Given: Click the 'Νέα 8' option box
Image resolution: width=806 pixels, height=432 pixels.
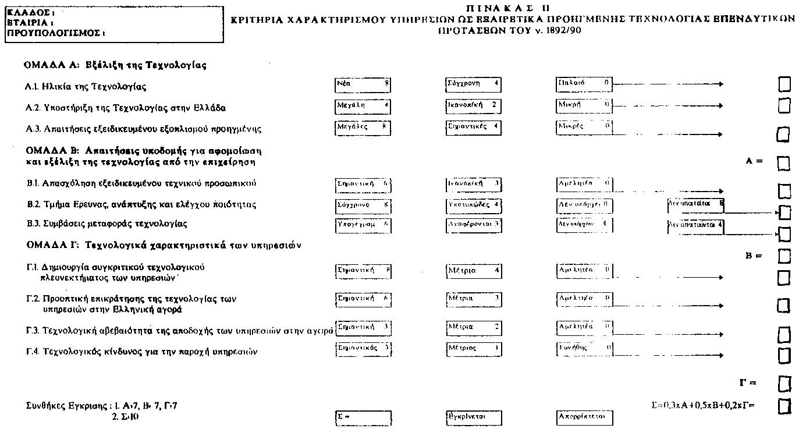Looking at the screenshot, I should click(x=363, y=85).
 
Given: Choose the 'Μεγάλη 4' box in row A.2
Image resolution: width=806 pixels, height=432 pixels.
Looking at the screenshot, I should click(x=363, y=107).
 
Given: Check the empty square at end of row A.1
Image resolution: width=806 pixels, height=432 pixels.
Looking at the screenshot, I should click(x=784, y=85).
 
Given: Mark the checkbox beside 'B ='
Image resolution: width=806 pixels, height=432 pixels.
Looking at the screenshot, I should click(x=784, y=256).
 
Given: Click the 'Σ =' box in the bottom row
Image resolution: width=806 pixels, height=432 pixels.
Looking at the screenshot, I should click(x=363, y=417).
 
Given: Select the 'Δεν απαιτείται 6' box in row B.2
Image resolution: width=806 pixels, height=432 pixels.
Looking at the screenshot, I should click(x=696, y=204).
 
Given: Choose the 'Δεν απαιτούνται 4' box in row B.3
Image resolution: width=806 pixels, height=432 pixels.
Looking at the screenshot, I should click(x=696, y=225).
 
